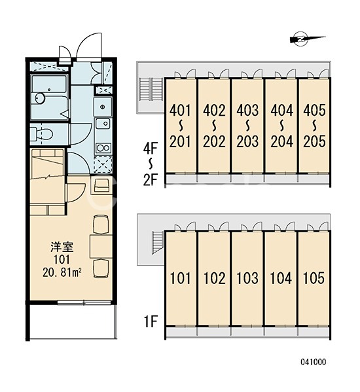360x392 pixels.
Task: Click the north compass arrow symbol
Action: [307, 39]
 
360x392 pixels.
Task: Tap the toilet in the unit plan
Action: [41, 134]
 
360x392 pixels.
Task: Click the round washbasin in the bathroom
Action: [40, 98]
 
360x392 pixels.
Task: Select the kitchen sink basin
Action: [103, 124]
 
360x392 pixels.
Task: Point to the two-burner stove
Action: [103, 148]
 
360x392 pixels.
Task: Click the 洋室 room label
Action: [62, 247]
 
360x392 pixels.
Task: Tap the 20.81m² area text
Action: [62, 273]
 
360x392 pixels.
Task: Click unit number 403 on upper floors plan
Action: [247, 110]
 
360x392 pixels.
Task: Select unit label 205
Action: [314, 141]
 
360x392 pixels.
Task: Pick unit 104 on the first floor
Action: [281, 278]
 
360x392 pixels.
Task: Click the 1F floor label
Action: [151, 321]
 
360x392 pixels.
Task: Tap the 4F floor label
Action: [151, 149]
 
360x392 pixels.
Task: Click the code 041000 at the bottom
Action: [314, 362]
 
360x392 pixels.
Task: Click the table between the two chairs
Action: [101, 247]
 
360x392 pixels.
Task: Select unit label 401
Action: [180, 110]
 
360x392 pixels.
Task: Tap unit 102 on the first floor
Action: [214, 278]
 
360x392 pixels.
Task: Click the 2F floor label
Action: [151, 180]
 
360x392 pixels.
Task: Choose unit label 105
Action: [314, 278]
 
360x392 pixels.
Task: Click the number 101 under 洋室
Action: [62, 260]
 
